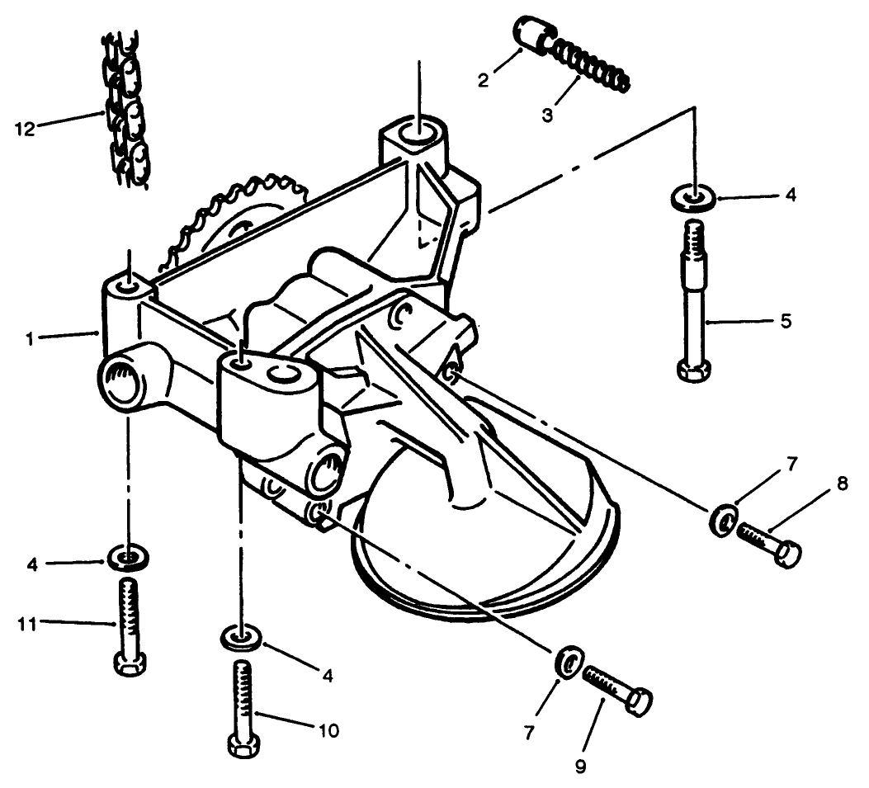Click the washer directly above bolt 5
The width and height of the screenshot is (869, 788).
(x=692, y=198)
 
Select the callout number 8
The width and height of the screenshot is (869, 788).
(x=842, y=484)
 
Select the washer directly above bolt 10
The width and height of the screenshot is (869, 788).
(x=239, y=638)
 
